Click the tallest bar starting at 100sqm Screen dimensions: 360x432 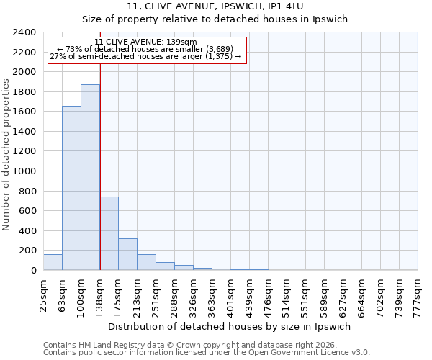[x=90, y=177]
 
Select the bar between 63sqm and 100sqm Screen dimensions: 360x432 [x=71, y=188]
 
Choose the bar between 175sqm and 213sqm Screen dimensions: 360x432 [x=127, y=254]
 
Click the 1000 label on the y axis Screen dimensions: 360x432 [x=25, y=171]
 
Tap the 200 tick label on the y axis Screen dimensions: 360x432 [x=28, y=251]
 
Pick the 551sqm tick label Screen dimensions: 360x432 [x=305, y=293]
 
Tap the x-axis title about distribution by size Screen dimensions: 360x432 [x=230, y=326]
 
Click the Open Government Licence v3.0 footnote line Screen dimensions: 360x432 [x=207, y=353]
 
